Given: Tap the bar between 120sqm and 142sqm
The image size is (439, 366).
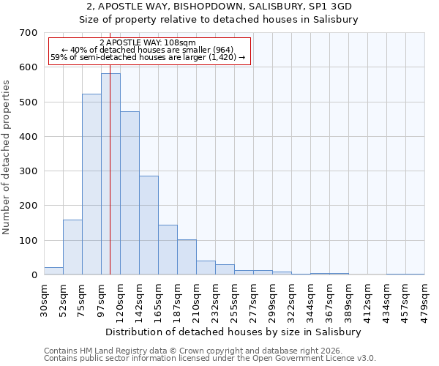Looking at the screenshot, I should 130,193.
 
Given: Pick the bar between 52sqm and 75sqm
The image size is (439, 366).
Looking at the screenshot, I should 72,247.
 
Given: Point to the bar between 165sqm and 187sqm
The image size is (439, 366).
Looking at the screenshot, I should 168,250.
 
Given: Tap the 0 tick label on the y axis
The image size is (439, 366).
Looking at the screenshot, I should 34,275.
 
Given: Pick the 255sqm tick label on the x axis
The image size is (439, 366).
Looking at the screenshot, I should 234,300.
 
